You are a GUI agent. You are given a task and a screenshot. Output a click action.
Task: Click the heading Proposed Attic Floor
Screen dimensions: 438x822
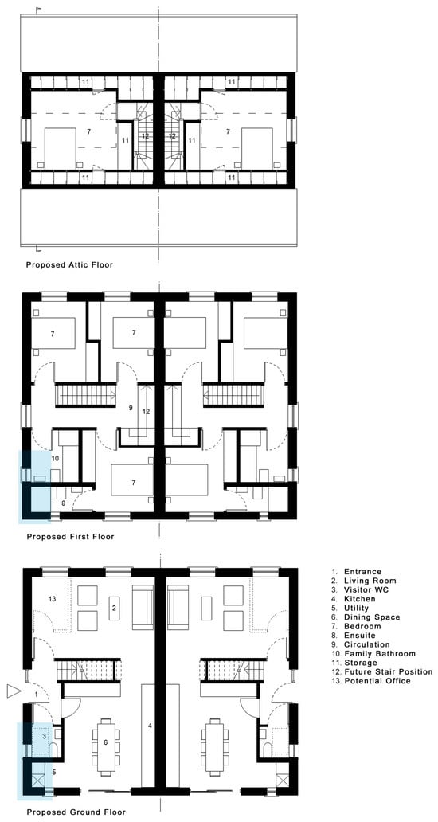[69, 264]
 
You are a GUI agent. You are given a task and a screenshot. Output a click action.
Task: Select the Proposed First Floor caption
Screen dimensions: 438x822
[70, 536]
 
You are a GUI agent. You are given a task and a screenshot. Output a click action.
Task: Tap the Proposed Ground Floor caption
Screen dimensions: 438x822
[76, 812]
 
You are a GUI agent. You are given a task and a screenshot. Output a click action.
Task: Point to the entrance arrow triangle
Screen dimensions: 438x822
[13, 692]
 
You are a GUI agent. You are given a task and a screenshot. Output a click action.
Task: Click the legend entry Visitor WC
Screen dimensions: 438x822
[361, 589]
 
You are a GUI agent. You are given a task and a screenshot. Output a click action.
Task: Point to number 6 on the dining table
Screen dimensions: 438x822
[106, 742]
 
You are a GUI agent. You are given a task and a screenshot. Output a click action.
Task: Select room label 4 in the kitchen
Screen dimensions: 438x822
[150, 726]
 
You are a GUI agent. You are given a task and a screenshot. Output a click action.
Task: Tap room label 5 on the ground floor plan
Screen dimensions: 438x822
[54, 772]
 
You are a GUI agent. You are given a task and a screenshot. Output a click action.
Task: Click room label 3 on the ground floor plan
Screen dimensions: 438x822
[44, 736]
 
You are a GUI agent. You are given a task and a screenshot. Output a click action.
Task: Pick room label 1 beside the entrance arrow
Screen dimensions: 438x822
[37, 695]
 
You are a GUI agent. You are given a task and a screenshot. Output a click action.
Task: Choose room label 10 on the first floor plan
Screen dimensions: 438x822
[56, 458]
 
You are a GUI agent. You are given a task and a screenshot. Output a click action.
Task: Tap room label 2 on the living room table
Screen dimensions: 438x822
[114, 608]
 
